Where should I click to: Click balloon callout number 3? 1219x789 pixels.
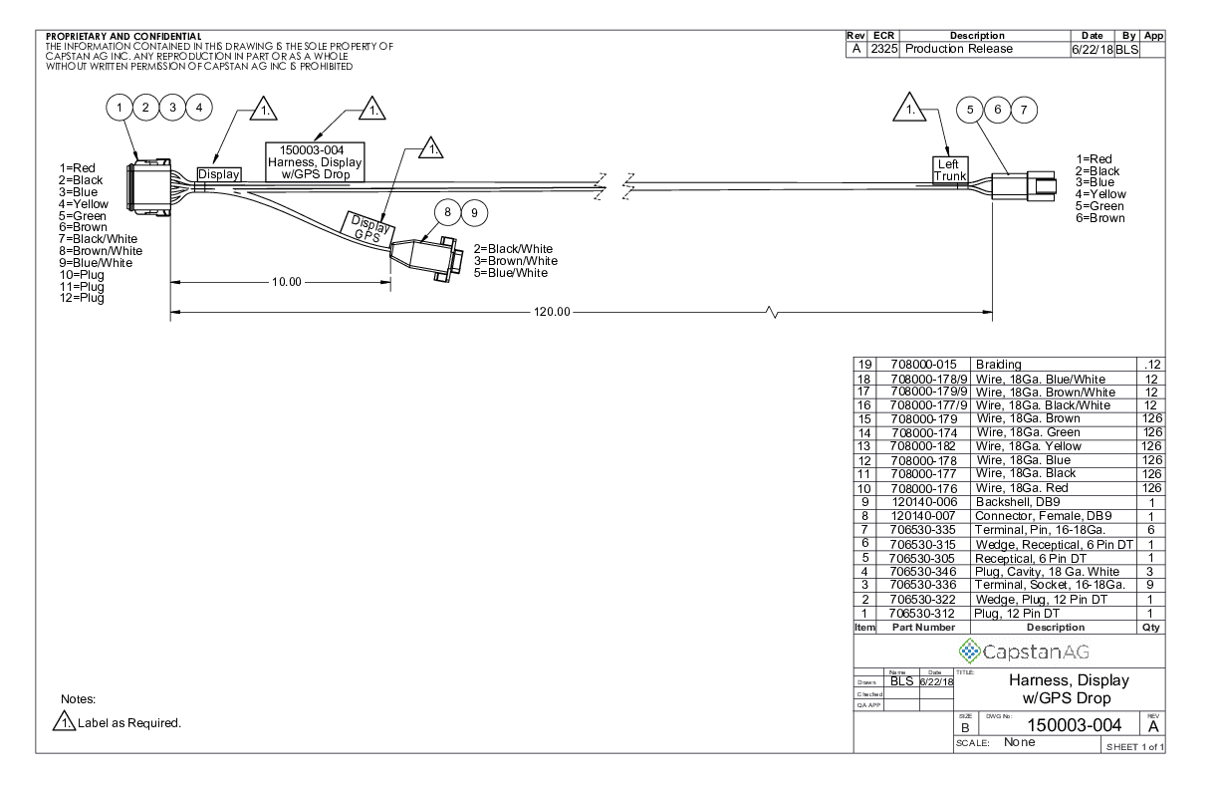pos(172,107)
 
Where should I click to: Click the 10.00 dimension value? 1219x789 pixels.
pos(287,282)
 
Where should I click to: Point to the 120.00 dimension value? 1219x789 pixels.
pos(551,312)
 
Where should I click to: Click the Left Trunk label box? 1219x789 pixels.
pos(949,169)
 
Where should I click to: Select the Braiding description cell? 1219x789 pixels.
pos(1000,365)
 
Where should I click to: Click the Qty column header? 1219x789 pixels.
pos(1151,629)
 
